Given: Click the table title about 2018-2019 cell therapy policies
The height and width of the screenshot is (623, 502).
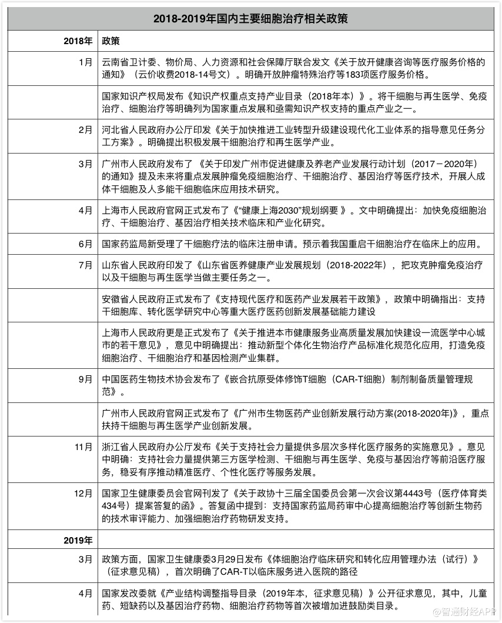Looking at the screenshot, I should coord(251,19).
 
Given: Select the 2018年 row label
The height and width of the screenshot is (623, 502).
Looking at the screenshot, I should coord(79,42).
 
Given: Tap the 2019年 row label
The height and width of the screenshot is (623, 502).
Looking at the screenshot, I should coord(79,539).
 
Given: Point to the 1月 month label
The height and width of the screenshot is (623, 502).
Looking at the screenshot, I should coord(85,61).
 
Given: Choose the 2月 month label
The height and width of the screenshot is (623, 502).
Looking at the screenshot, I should coord(85,130).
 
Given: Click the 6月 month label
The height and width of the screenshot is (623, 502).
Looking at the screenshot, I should coord(85,243).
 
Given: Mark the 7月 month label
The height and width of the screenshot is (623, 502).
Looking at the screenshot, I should coord(85,265).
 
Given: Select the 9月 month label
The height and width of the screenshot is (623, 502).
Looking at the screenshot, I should coord(85,379).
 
